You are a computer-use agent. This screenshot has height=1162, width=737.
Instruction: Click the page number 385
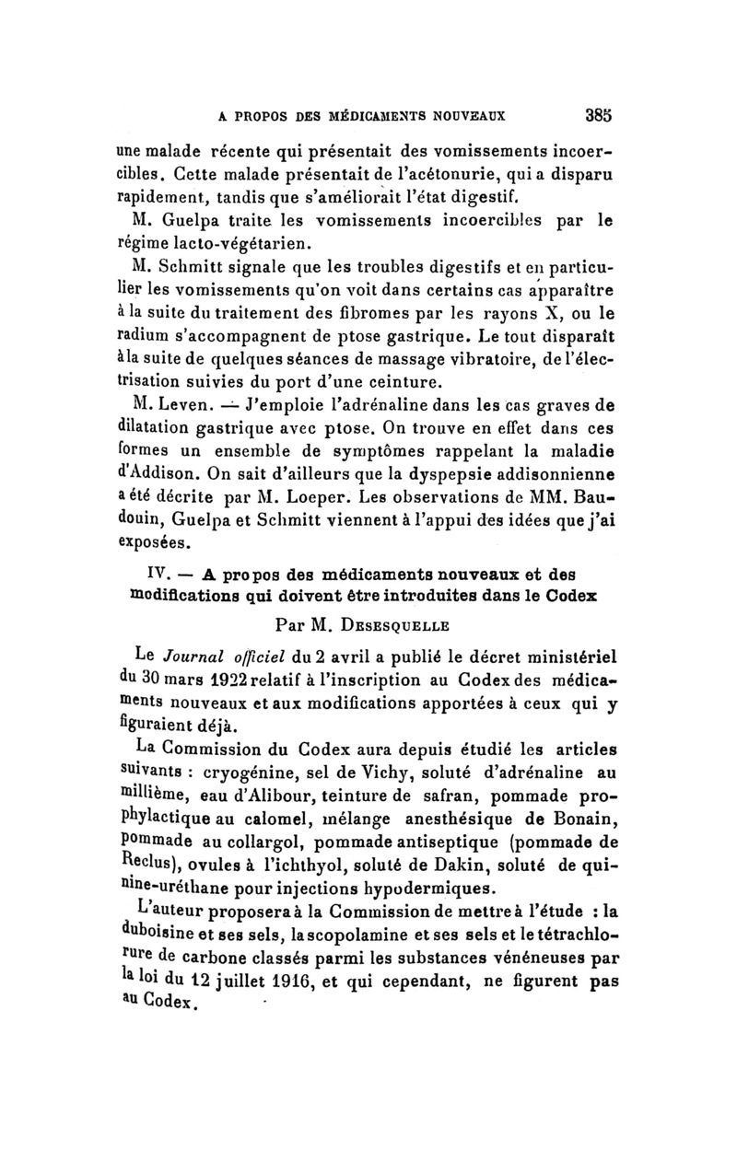(600, 116)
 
